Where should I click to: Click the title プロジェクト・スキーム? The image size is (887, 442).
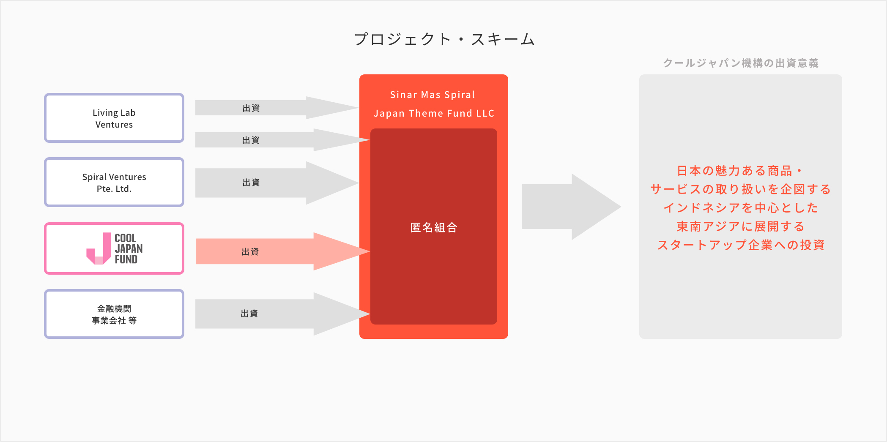[444, 39]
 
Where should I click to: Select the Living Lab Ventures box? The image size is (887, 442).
[114, 118]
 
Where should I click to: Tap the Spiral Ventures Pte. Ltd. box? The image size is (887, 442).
[114, 182]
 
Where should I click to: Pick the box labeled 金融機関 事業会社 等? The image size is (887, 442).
[114, 314]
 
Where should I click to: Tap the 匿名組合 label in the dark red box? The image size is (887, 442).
[434, 228]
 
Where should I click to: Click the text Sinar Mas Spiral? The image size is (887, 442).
[433, 95]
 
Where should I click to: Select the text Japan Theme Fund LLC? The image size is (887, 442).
[434, 113]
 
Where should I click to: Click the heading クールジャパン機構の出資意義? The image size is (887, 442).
[741, 63]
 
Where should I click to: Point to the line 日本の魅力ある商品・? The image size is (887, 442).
[740, 171]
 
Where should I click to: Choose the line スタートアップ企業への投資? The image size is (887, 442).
[741, 245]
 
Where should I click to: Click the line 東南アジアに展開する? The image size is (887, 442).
[741, 226]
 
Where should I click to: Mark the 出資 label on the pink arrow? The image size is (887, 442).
[250, 252]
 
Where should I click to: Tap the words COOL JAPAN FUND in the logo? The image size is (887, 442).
[128, 249]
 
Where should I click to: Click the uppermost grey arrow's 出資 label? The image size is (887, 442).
[251, 108]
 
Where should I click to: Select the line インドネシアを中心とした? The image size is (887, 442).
[741, 208]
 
